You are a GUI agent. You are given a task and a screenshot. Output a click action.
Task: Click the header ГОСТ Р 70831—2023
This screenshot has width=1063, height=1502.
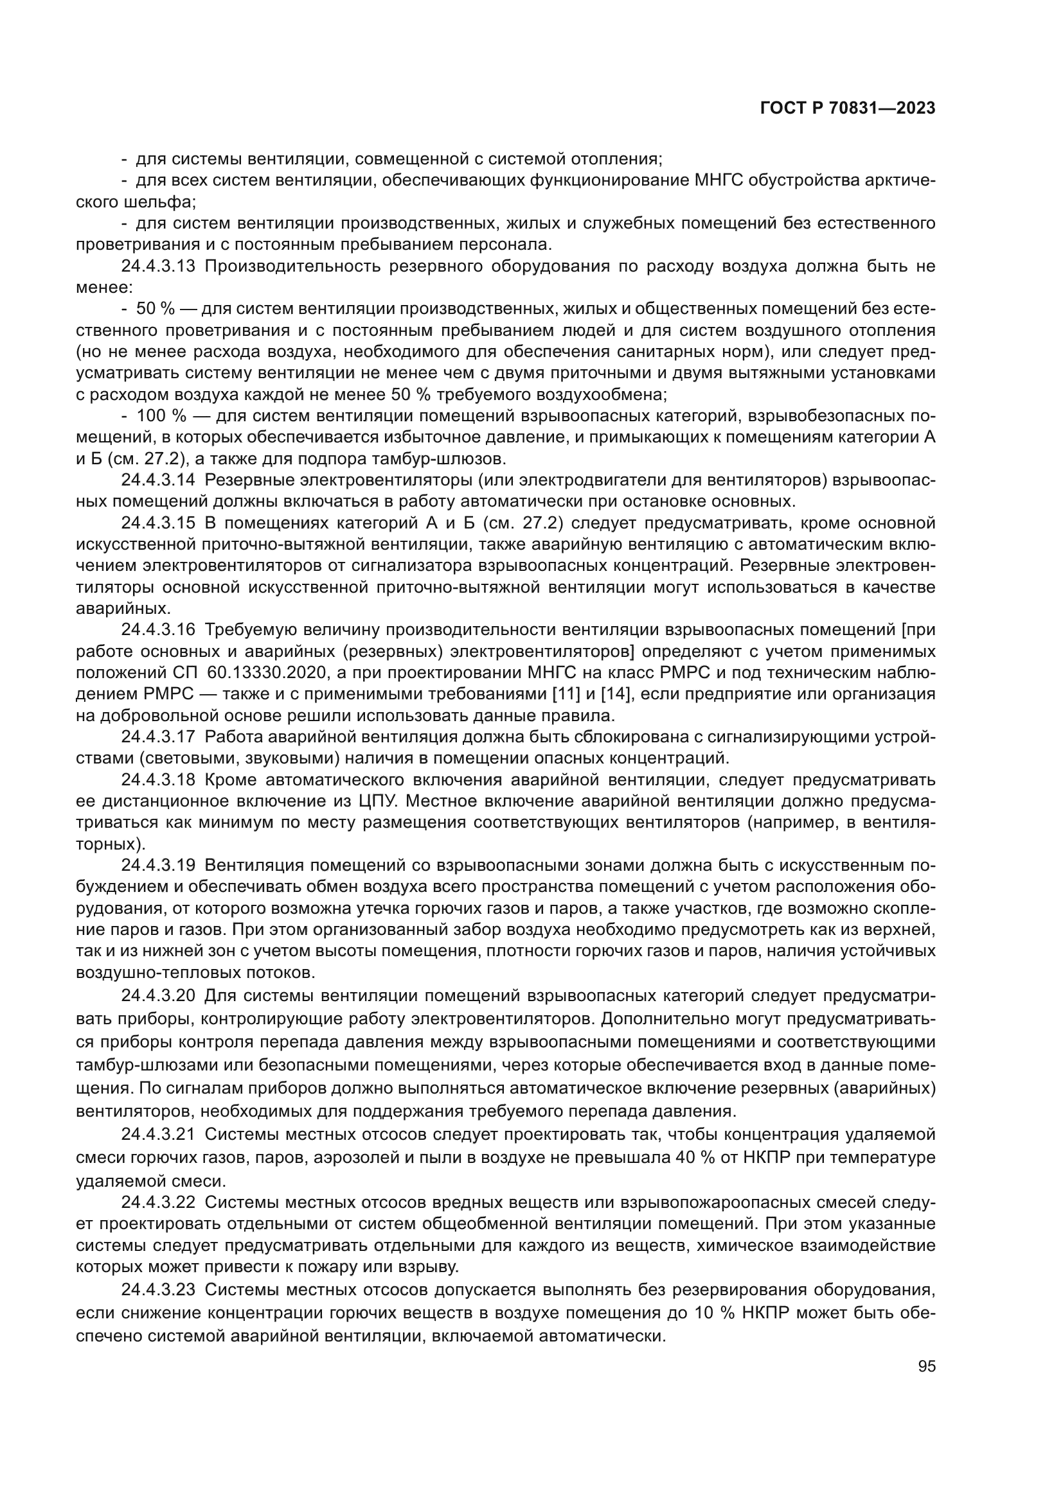click(847, 109)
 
